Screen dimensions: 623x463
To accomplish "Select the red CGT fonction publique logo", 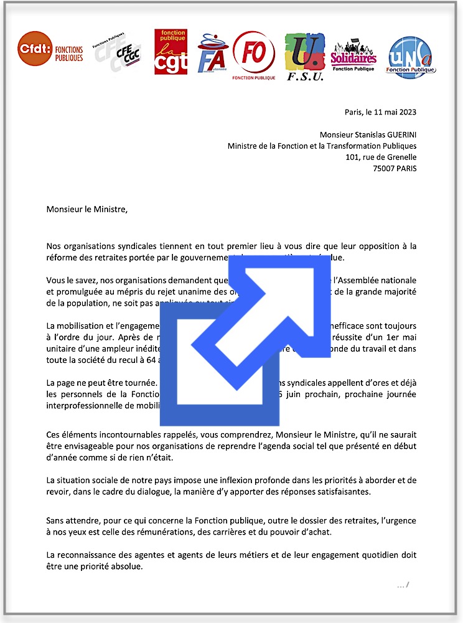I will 171,52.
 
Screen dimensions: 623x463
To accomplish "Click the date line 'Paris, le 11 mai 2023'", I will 380,113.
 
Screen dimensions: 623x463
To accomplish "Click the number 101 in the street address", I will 352,157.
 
